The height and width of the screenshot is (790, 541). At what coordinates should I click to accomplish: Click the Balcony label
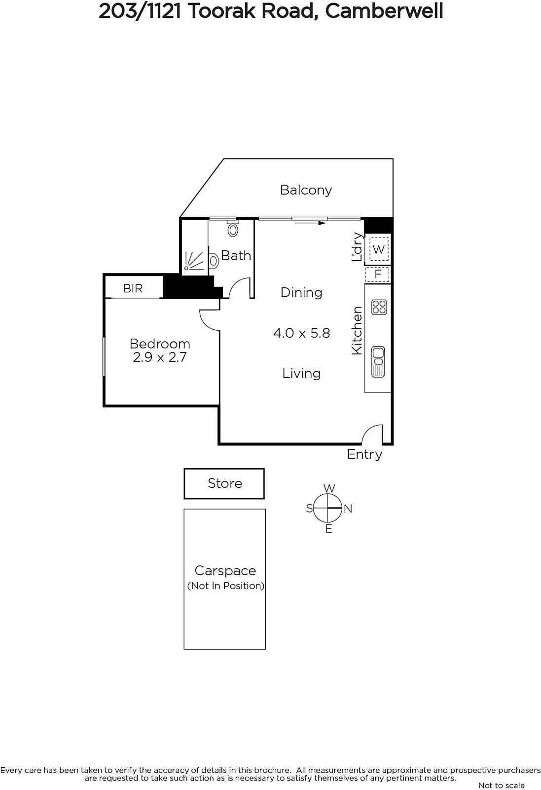point(306,190)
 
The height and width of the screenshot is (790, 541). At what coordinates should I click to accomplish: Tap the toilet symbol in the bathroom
point(233,229)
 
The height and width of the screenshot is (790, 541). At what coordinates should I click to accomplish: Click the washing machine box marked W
point(378,249)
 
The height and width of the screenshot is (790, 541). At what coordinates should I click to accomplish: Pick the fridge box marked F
point(378,275)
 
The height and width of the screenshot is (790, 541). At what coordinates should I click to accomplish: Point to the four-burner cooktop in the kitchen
point(379,307)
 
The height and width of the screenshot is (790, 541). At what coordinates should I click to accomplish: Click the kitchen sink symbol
point(378,362)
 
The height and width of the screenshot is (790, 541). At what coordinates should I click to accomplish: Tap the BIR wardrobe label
point(133,288)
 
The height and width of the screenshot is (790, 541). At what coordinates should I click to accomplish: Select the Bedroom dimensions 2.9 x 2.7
point(160,357)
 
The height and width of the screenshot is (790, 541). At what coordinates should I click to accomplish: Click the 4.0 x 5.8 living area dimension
point(301,333)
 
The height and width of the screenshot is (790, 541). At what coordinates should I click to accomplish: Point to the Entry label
point(364,454)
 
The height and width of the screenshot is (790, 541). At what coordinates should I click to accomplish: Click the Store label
point(225,483)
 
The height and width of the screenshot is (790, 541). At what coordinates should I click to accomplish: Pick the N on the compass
point(348,509)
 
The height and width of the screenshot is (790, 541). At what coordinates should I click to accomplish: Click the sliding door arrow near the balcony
point(310,223)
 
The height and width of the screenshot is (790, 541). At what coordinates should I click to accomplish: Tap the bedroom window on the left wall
point(104,356)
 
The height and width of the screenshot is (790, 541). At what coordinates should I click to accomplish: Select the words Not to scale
point(501,785)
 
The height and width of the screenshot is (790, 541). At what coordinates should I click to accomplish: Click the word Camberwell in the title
point(384,11)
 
